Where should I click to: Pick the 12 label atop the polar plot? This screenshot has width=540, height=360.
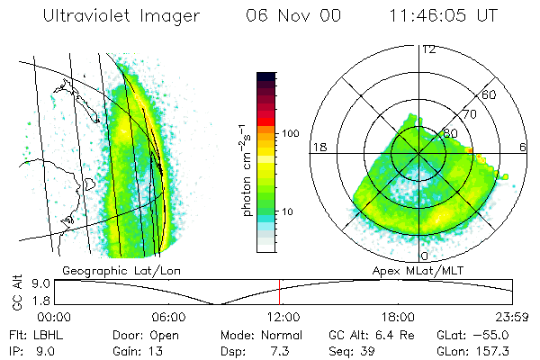427,49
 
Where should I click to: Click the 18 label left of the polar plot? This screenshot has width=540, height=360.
317,147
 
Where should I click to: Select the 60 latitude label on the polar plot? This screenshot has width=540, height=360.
490,94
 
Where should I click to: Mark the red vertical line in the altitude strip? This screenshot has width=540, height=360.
279,291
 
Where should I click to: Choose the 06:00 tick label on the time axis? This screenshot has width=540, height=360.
167,317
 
